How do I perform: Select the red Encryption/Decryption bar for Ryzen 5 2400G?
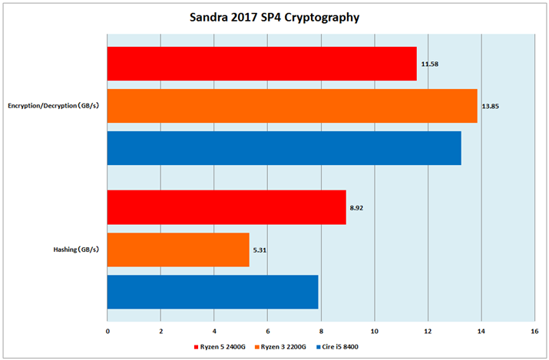261,64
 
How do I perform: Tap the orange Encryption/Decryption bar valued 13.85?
292,106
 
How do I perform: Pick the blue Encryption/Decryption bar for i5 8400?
284,148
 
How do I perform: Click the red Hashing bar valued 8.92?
227,207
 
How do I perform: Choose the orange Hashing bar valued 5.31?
178,249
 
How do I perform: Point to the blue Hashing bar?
213,292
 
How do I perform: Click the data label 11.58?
428,64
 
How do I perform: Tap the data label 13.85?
490,106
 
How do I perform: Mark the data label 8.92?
357,207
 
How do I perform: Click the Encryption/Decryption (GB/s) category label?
54,106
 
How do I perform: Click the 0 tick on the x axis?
107,332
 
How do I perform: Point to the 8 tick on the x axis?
321,332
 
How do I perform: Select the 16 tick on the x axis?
534,332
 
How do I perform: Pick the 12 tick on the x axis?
428,332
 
